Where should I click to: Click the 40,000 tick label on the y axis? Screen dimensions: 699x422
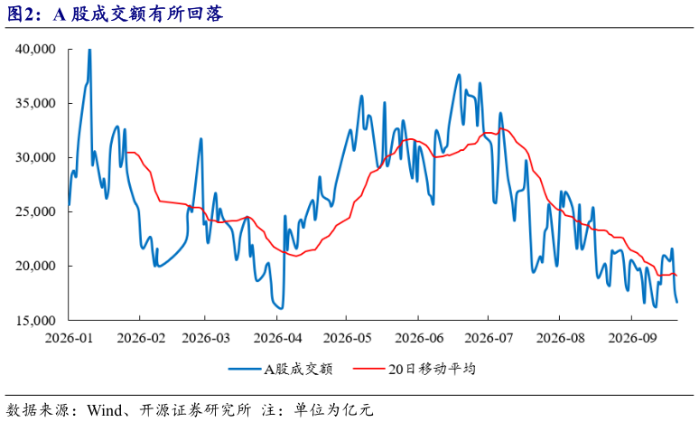click(35, 49)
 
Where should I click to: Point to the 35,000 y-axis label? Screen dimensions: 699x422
click(35, 104)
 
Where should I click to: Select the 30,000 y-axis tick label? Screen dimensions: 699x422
click(35, 157)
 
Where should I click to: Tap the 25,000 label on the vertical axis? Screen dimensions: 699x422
click(35, 211)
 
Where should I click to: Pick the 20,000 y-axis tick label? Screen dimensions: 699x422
click(35, 266)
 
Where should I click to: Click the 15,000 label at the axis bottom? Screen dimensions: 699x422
click(35, 320)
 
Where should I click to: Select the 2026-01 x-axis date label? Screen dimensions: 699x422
click(70, 338)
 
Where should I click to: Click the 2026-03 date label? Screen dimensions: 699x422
click(206, 338)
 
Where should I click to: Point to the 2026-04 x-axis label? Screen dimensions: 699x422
click(277, 338)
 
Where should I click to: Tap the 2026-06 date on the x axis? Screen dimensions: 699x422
click(419, 338)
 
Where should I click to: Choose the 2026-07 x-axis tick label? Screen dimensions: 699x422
click(489, 338)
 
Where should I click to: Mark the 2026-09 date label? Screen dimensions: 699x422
click(632, 338)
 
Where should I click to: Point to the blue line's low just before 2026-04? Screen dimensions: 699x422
click(281, 308)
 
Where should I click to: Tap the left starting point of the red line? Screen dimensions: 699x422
click(126, 153)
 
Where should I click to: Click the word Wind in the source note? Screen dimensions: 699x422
click(105, 410)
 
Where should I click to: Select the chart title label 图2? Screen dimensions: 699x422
click(20, 14)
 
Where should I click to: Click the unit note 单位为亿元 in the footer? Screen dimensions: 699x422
click(333, 410)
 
